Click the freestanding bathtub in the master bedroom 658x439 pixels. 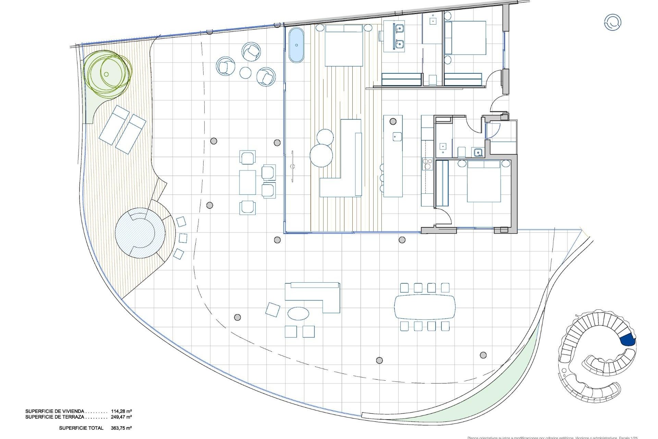296,46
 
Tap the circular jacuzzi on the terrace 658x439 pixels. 140,233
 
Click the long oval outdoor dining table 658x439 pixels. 425,307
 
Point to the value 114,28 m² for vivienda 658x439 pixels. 121,411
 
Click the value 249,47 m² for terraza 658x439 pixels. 121,417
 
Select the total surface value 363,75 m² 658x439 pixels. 121,428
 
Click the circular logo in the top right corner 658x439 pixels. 612,22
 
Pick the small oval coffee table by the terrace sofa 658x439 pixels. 298,313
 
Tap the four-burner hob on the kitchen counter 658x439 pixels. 427,164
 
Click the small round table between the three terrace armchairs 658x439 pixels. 246,73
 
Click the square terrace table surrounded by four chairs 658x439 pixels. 247,182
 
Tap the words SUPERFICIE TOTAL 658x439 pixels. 81,428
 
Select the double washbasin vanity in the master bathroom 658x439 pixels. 394,36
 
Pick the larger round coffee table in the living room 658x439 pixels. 321,156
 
